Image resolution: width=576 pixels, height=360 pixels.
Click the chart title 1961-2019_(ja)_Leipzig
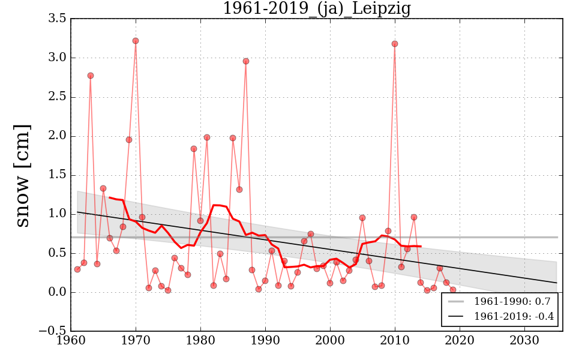pyautogui.click(x=316, y=9)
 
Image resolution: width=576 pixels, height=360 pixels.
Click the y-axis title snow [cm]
pyautogui.click(x=22, y=175)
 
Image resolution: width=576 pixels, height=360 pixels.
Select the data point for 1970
pyautogui.click(x=136, y=41)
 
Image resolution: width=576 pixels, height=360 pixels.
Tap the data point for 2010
pyautogui.click(x=395, y=44)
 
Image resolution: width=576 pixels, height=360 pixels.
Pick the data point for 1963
pyautogui.click(x=91, y=76)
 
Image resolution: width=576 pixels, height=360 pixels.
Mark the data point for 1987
pyautogui.click(x=246, y=61)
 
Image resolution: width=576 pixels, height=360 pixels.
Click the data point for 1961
pyautogui.click(x=77, y=269)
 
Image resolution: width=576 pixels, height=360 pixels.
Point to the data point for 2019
pyautogui.click(x=453, y=290)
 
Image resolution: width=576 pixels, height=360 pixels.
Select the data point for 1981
pyautogui.click(x=207, y=137)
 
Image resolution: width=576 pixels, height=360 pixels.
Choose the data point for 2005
pyautogui.click(x=362, y=218)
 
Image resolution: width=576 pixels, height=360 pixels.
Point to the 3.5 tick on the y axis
pyautogui.click(x=57, y=19)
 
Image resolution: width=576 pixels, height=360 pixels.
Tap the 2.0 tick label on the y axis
pyautogui.click(x=57, y=136)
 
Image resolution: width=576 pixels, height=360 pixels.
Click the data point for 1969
pyautogui.click(x=129, y=140)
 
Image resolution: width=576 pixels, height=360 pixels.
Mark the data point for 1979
pyautogui.click(x=194, y=149)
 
